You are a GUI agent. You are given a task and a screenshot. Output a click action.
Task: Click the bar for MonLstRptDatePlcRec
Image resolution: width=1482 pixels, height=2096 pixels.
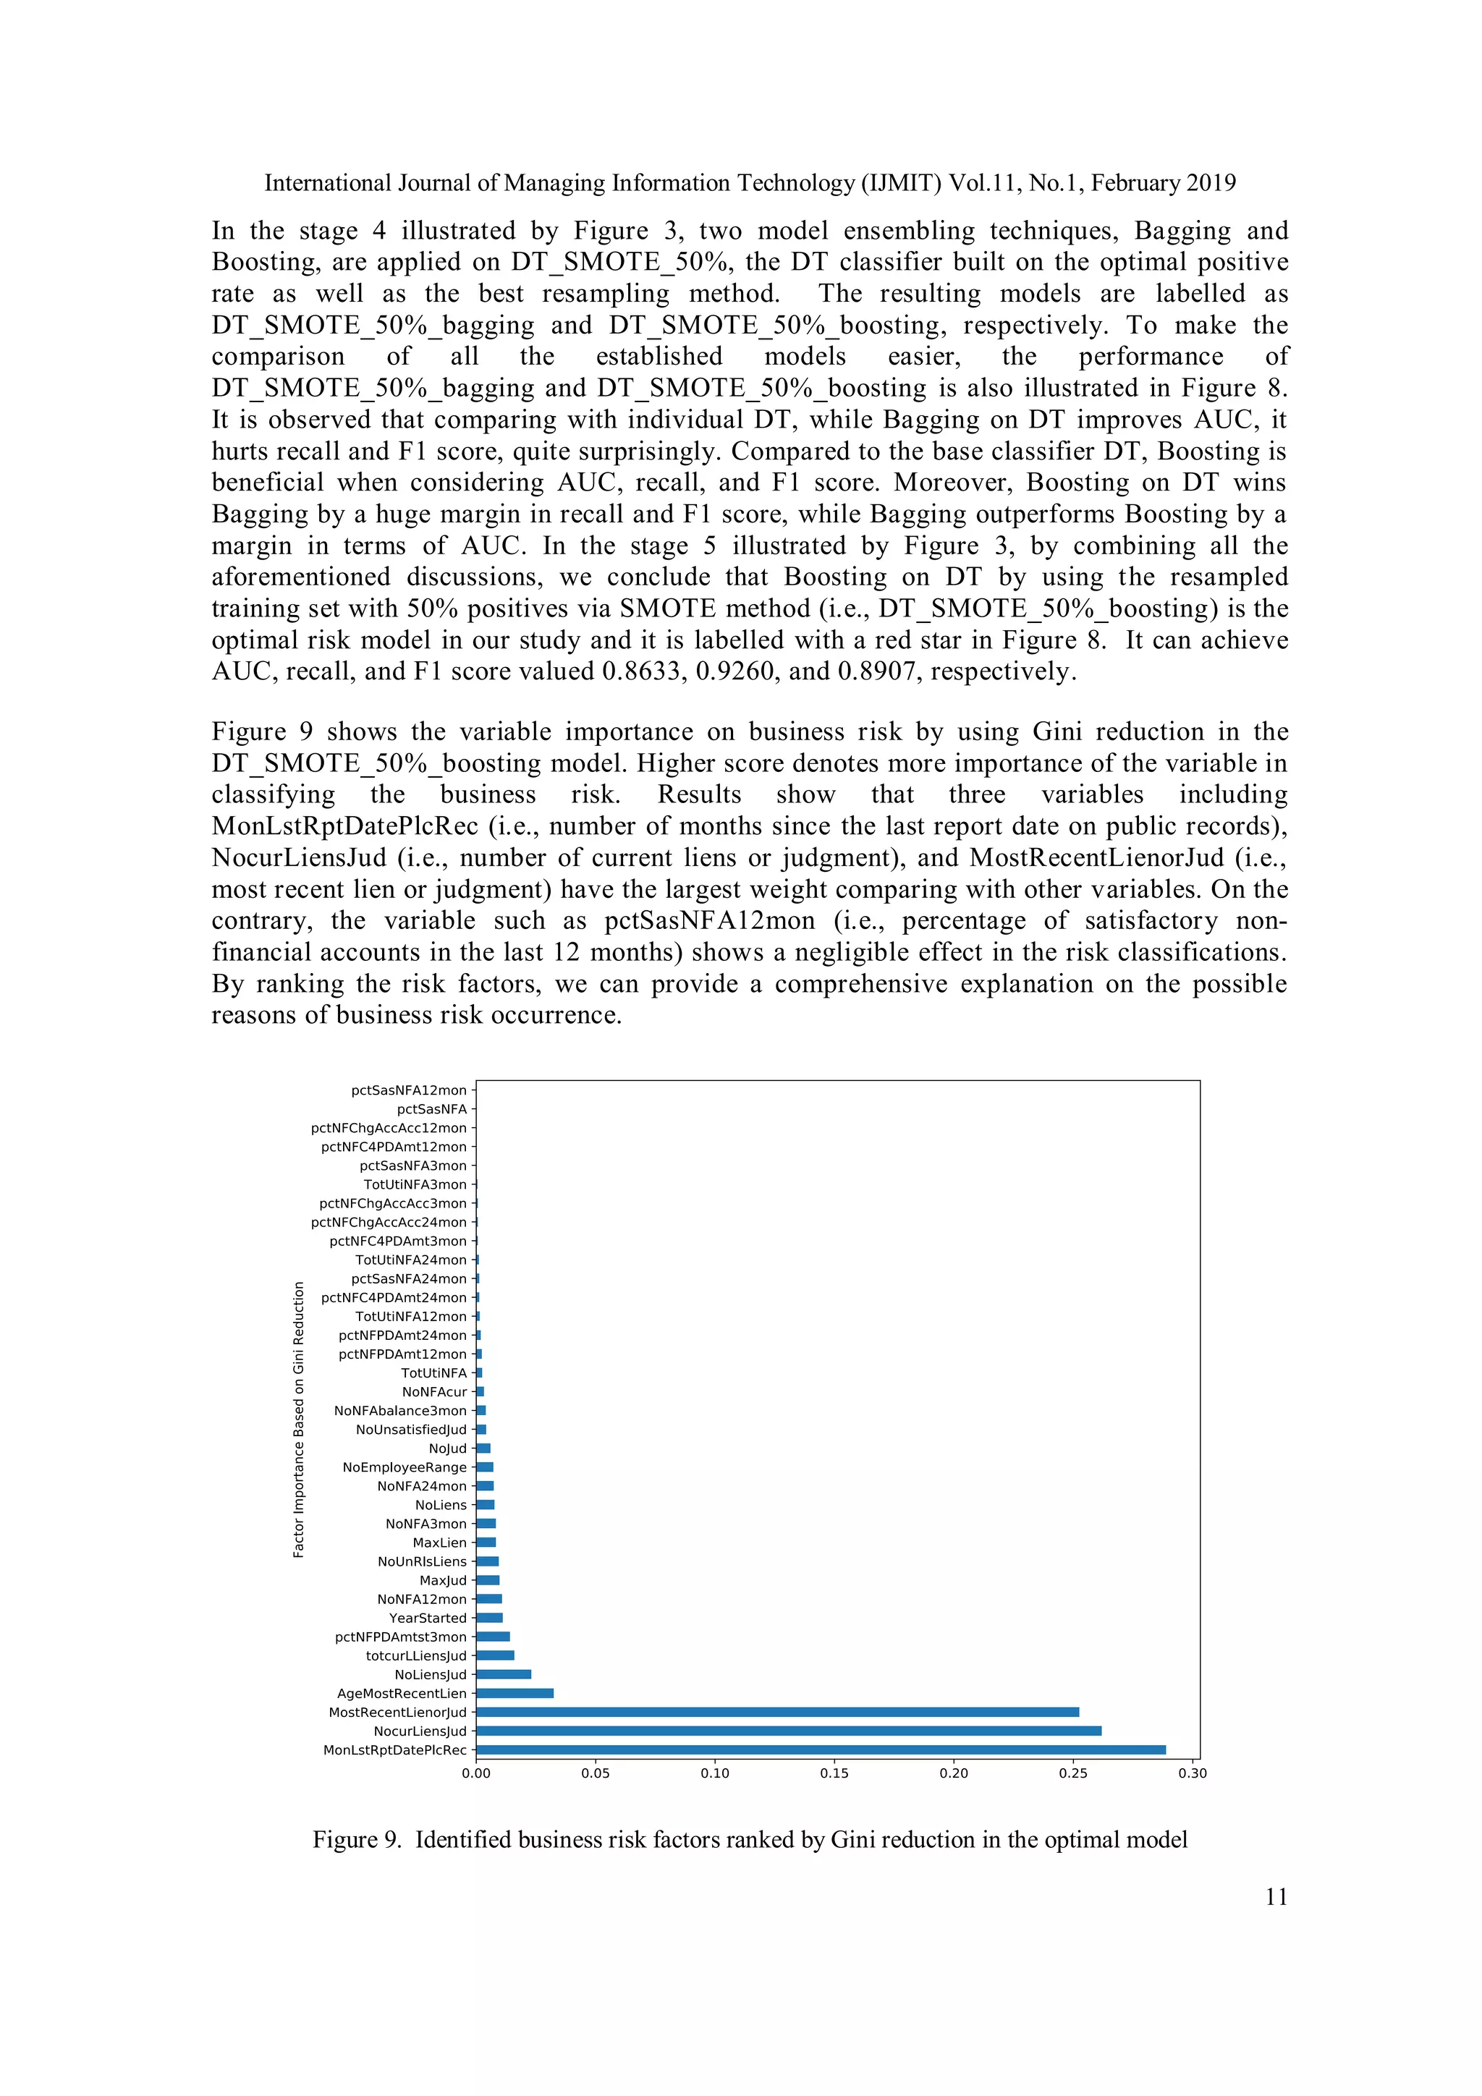point(820,1750)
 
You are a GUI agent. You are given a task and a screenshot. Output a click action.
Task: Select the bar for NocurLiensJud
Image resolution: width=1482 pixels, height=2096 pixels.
point(788,1731)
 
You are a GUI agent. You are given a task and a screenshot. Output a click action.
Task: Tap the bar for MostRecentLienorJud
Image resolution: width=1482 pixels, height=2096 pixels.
point(777,1713)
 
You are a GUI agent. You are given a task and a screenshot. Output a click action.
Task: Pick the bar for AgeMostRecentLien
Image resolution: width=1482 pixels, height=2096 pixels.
point(514,1694)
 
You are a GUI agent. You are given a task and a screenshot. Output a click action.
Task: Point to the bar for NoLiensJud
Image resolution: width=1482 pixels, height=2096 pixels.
point(503,1674)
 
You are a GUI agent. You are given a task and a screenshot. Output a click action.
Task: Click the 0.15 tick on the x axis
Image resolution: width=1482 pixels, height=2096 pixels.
point(834,1774)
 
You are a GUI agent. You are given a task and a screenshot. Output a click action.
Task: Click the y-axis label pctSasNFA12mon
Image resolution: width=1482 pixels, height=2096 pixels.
point(408,1090)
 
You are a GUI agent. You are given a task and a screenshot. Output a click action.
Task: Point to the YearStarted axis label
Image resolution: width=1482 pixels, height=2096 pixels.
point(428,1618)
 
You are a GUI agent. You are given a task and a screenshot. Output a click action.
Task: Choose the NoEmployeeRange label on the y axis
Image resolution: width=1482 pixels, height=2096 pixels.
point(404,1467)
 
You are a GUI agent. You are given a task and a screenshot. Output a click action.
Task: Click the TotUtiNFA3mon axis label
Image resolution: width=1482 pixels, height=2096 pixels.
point(415,1184)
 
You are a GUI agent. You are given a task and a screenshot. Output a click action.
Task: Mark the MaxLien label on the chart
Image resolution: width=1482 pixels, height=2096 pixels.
point(439,1543)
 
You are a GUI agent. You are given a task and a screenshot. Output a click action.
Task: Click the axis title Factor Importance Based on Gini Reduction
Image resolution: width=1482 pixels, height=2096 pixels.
point(299,1420)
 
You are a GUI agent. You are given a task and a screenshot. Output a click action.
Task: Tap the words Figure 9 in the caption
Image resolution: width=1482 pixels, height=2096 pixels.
point(356,1839)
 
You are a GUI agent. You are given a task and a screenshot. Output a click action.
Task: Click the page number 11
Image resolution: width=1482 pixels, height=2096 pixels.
point(1276,1897)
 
